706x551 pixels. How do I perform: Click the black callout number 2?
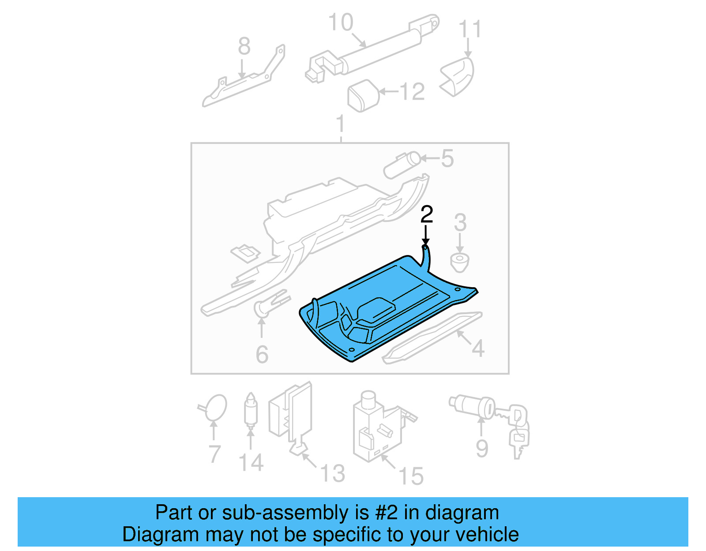point(426,214)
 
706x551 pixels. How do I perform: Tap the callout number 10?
point(341,22)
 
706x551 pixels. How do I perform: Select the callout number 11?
point(469,29)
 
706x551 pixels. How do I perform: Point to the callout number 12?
point(412,92)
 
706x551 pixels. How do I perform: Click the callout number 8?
point(244,46)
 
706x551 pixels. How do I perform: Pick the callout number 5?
point(447,158)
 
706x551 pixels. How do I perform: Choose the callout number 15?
point(411,476)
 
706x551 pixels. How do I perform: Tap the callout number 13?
point(332,473)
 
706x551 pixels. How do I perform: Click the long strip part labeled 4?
point(432,337)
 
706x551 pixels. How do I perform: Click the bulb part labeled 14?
point(251,410)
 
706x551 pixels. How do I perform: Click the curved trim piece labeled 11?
point(459,76)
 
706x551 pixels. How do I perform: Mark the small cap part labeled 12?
point(364,95)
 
